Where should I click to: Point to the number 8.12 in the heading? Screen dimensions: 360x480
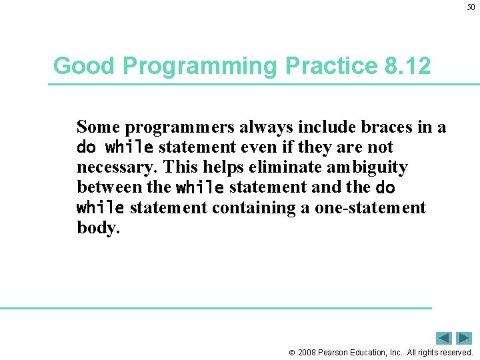[x=408, y=66]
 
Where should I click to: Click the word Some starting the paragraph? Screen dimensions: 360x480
[x=99, y=127]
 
